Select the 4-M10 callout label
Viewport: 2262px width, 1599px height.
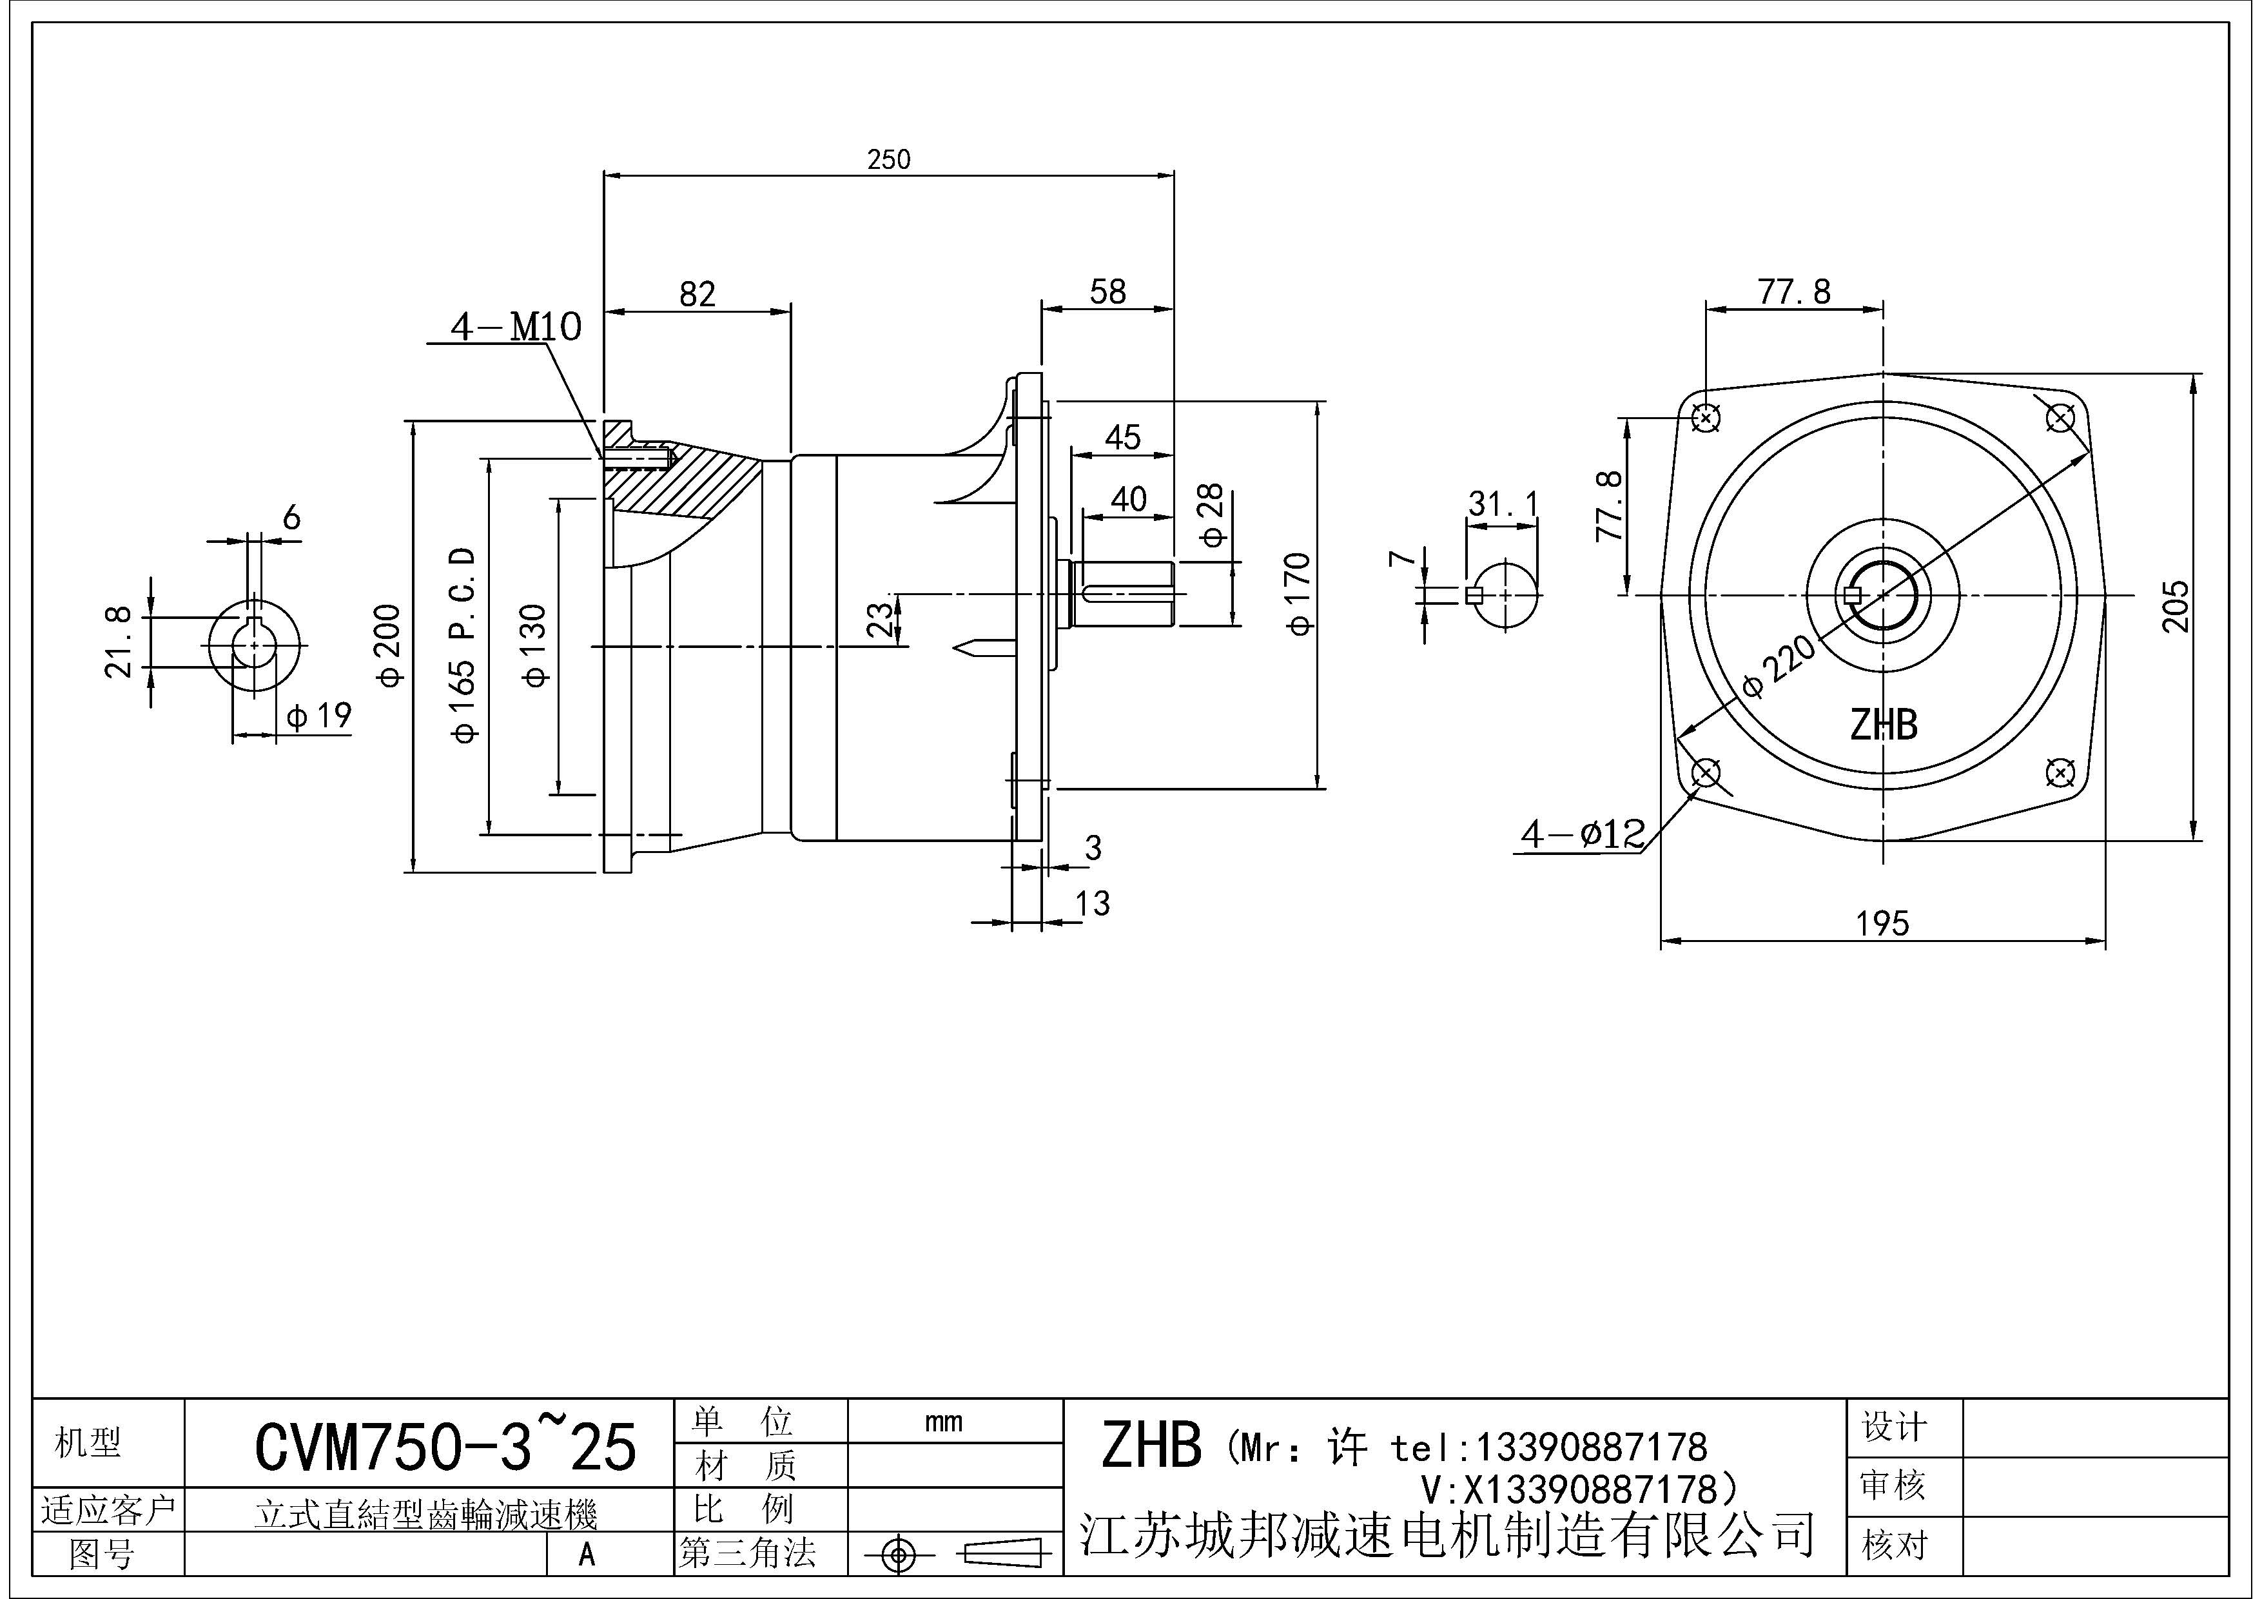(515, 326)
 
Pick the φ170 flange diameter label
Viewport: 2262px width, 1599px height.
(1298, 594)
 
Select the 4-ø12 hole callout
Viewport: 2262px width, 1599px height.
(1582, 834)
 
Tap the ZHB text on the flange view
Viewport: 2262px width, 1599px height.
(1883, 725)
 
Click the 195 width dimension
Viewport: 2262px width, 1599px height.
(1882, 923)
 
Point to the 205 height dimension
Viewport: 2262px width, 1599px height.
(2176, 607)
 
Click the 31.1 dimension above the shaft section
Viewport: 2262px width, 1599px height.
(1503, 504)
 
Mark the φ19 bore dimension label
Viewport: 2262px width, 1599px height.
(319, 715)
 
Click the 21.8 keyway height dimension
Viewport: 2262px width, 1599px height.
(118, 642)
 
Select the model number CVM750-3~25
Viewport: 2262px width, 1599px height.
(445, 1446)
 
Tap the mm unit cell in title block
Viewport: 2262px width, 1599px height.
(943, 1422)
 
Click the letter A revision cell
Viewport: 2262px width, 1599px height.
(587, 1554)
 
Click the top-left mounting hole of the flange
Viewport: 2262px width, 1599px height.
(1706, 418)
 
